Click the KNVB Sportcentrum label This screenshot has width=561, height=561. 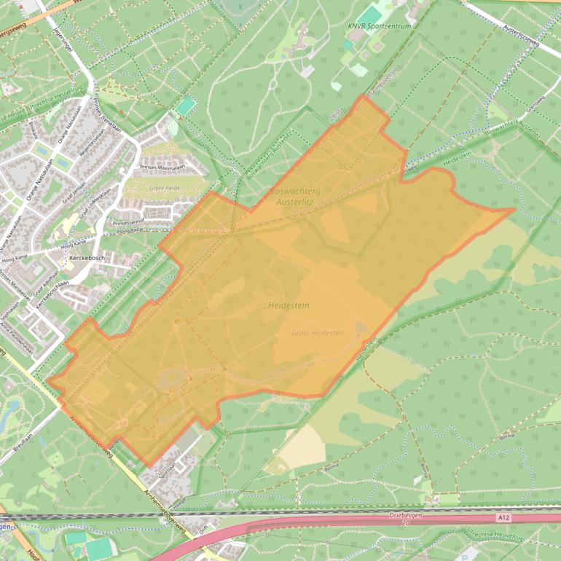379,26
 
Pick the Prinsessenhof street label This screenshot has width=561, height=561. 128,222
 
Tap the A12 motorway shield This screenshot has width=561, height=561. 503,517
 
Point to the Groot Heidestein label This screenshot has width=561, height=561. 318,333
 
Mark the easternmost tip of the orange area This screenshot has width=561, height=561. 514,210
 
